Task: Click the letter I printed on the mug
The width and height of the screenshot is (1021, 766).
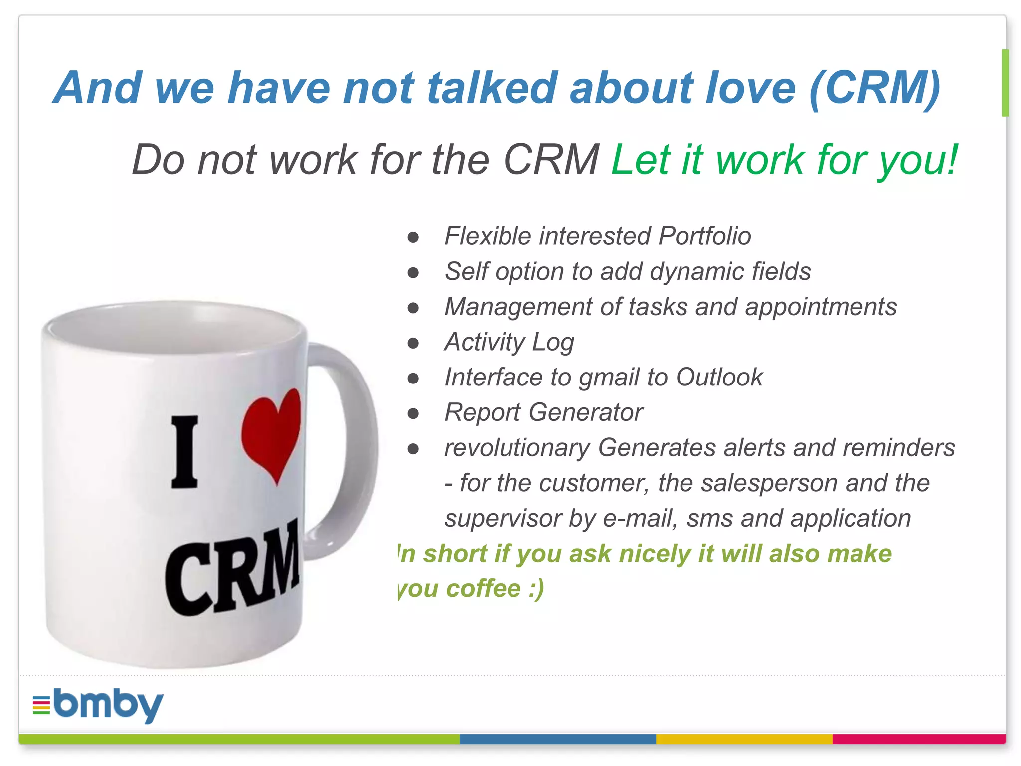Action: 185,451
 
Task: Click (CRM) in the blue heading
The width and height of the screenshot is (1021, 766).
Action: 875,88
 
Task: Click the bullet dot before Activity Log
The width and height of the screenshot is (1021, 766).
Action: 413,343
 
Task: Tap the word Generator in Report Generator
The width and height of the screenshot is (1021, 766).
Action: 586,412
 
